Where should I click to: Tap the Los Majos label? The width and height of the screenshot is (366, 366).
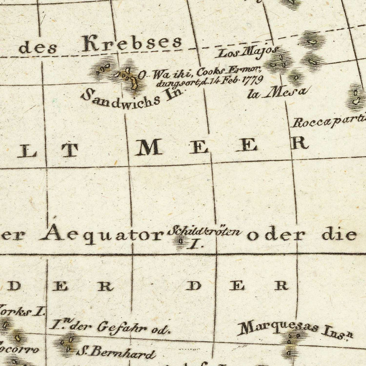248,52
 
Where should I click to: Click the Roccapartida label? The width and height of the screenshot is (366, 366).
328,122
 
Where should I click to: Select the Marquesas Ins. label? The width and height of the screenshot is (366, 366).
294,329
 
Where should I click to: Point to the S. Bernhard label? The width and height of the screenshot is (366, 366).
115,352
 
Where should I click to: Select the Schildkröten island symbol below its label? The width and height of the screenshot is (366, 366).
181,242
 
